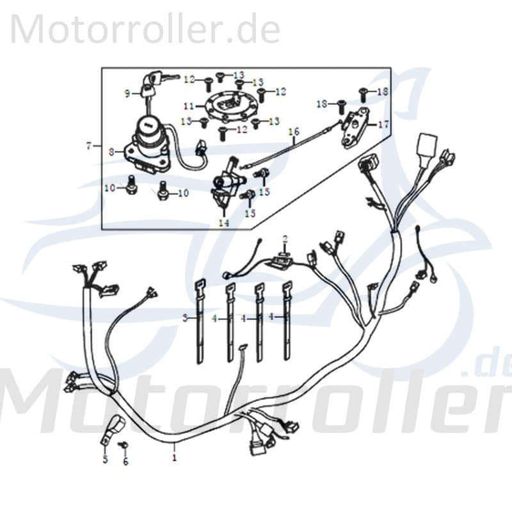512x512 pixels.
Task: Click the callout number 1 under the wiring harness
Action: coord(173,458)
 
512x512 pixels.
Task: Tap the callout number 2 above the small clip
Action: coord(285,239)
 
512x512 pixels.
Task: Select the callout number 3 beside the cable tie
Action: coord(184,317)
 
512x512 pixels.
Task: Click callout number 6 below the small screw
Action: coord(125,461)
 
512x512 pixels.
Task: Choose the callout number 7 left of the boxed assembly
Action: coord(88,146)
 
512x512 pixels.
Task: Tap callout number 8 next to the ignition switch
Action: coord(111,152)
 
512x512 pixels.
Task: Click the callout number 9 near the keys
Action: coord(127,93)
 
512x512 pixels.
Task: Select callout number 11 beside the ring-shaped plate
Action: coord(188,105)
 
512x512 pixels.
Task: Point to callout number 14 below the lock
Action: coord(223,223)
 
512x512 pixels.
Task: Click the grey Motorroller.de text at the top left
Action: coord(145,29)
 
